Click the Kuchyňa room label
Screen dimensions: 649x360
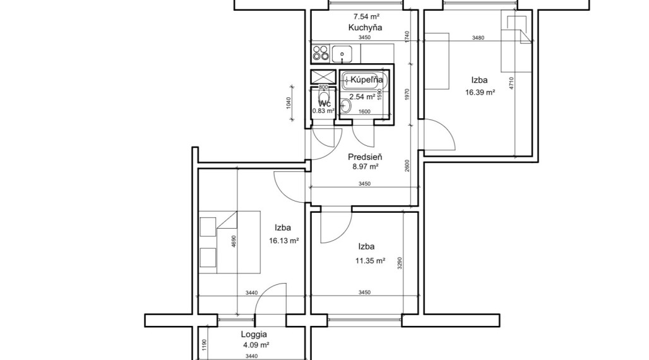coord(365,28)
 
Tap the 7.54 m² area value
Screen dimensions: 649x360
coord(366,16)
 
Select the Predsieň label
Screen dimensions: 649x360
coord(365,157)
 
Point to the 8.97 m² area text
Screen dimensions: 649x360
coord(365,167)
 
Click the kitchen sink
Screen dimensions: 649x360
coord(342,54)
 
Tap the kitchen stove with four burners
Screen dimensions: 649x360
coord(321,54)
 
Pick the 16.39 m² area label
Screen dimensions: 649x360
coord(480,92)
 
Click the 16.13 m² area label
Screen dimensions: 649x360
coord(284,240)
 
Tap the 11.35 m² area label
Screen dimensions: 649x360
coord(371,261)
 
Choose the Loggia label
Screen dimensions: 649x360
coord(254,334)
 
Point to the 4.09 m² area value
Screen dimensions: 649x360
coord(256,345)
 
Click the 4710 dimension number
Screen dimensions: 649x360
coord(511,83)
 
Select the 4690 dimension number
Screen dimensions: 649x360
coord(234,241)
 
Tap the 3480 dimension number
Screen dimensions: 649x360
coord(478,38)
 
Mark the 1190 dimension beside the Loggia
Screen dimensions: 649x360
coord(204,345)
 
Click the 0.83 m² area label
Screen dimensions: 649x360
coord(323,111)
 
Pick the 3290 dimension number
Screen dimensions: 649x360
coord(400,263)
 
